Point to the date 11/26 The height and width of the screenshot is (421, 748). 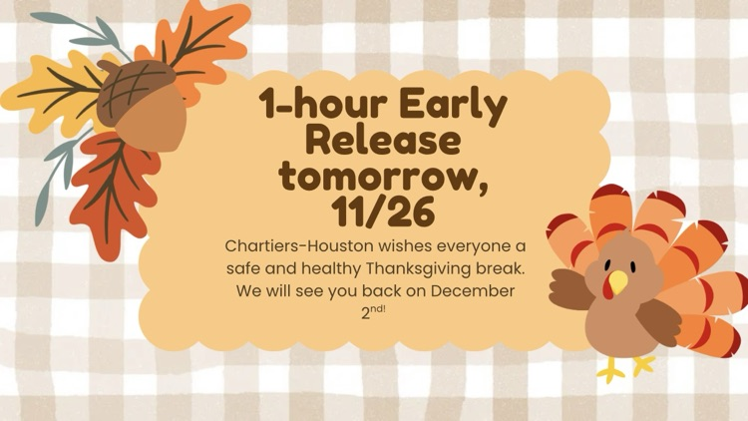click(x=383, y=211)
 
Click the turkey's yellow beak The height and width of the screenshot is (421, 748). click(x=617, y=282)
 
